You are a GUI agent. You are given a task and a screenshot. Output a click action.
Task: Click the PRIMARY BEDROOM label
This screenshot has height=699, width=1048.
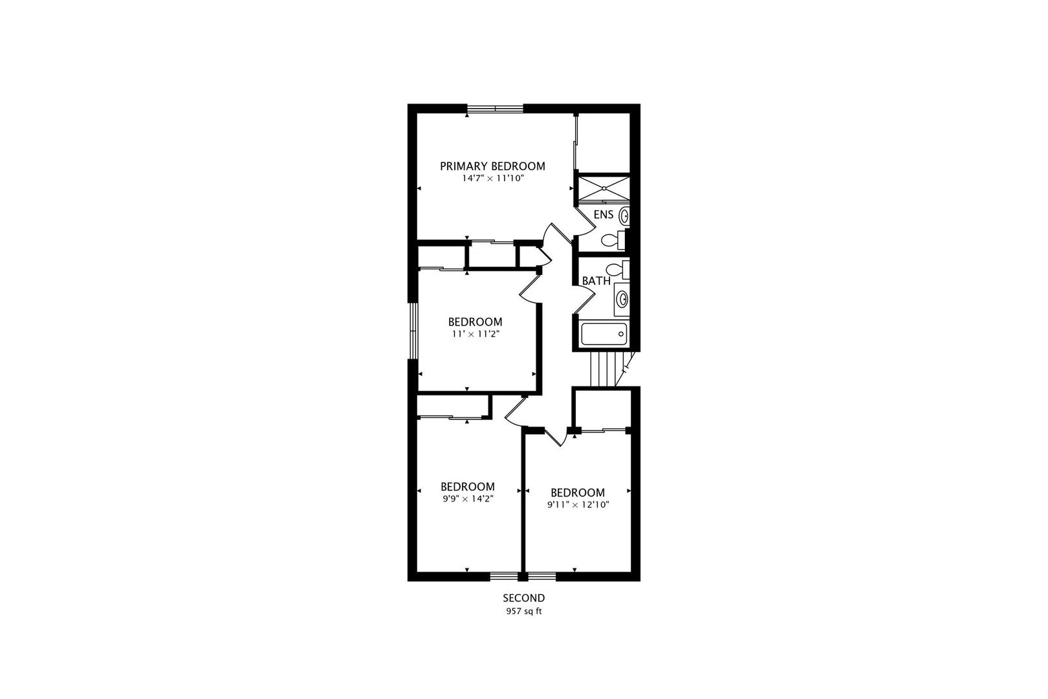click(492, 166)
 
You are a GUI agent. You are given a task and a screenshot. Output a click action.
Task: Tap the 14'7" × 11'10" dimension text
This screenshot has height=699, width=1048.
click(492, 178)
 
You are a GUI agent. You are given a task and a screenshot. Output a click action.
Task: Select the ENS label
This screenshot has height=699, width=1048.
click(603, 214)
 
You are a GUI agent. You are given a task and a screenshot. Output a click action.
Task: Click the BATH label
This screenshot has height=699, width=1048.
click(596, 281)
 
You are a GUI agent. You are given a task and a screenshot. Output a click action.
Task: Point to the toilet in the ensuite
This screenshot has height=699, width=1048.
click(613, 240)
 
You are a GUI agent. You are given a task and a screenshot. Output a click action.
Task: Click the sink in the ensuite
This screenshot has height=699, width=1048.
click(624, 216)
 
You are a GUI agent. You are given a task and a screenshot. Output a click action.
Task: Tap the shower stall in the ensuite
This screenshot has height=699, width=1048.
click(603, 188)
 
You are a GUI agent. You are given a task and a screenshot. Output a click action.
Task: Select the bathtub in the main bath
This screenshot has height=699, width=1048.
click(604, 334)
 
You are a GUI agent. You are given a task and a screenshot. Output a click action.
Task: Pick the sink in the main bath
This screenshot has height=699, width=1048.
click(622, 298)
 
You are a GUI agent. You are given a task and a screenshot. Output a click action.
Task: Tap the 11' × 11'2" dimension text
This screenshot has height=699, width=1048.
click(475, 334)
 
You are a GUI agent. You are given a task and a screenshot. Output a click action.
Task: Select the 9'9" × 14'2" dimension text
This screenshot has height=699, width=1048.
click(468, 499)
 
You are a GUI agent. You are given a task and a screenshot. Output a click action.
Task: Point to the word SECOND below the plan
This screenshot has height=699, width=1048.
click(524, 598)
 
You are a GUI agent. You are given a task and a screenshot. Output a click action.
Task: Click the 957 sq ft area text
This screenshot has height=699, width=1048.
click(524, 611)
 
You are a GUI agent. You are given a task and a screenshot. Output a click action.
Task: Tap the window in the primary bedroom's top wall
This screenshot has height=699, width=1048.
click(496, 108)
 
